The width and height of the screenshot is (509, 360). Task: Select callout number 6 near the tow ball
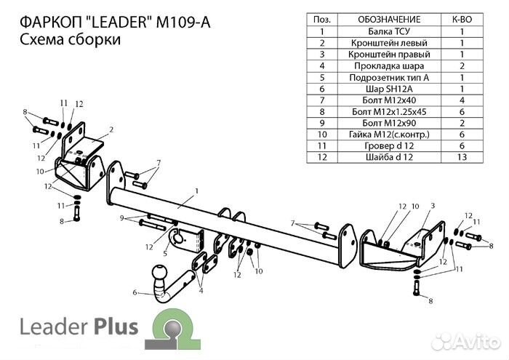tap(134, 293)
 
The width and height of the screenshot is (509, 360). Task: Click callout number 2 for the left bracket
tap(111, 129)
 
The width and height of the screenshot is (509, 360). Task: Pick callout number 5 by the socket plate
tap(165, 254)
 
